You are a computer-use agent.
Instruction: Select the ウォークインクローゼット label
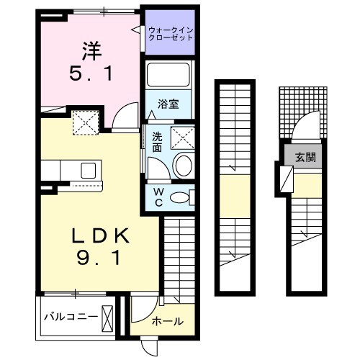[171, 34]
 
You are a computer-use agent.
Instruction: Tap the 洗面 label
[156, 142]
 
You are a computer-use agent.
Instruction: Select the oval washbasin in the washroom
[183, 165]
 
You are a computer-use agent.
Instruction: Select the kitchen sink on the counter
[89, 171]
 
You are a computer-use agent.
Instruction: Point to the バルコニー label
[69, 315]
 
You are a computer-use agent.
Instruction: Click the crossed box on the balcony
[108, 316]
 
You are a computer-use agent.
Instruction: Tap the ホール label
[166, 321]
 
